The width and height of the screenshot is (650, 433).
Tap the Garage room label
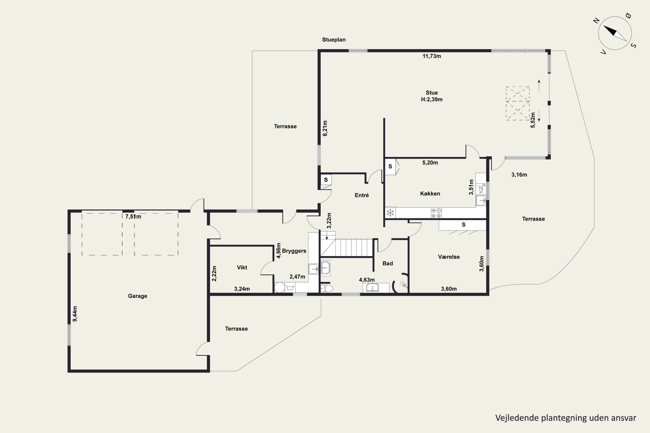(138, 296)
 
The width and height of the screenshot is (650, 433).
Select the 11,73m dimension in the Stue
(432, 56)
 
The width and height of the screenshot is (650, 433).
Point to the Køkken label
(430, 194)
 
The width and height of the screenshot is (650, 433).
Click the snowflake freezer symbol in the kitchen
(390, 213)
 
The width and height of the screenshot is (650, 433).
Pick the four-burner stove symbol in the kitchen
(436, 213)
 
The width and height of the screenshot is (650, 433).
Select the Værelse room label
(449, 257)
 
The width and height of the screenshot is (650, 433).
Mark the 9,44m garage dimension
(75, 314)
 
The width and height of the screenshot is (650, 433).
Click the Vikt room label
(242, 267)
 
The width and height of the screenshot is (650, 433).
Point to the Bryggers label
(294, 251)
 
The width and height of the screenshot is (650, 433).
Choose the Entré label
(362, 195)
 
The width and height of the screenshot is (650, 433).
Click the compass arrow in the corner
(615, 33)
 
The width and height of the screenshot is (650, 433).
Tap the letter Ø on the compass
(628, 16)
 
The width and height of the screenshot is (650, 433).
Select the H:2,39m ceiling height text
(432, 99)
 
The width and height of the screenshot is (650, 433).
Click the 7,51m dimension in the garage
(133, 216)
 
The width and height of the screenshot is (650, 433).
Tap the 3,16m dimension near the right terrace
(519, 175)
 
